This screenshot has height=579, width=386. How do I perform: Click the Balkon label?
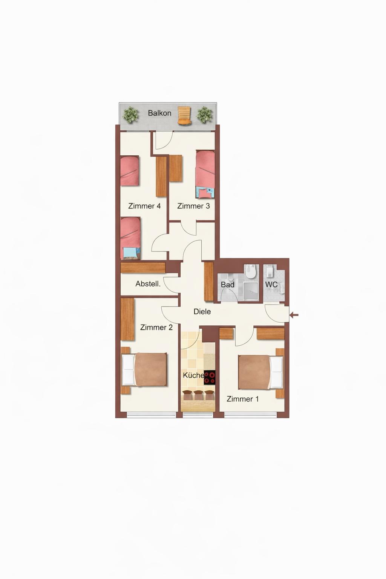pos(159,113)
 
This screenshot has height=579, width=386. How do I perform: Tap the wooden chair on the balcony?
pos(185,115)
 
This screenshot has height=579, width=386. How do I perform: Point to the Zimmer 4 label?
pos(144,206)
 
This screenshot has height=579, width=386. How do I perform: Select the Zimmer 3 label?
pos(193,206)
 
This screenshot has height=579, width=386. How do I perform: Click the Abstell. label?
pos(148,284)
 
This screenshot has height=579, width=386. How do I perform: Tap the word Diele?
pos(202,312)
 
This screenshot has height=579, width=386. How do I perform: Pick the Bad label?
pos(228,285)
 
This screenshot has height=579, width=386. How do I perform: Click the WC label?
pos(271,285)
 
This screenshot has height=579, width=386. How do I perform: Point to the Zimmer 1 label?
pos(242,399)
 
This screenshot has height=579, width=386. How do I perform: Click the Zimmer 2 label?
pos(156,328)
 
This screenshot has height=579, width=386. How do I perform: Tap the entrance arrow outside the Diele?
pos(294,315)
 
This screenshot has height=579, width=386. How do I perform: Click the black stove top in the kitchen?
pos(210,378)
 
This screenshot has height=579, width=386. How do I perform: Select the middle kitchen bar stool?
pos(198,395)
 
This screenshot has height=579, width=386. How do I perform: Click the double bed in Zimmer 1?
pos(260,372)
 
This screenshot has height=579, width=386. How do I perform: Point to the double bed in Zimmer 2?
pos(144,370)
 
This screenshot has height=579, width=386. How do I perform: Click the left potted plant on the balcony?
pos(131,115)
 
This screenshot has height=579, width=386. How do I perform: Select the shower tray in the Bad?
pos(251,291)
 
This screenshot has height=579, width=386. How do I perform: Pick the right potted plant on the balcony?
pos(205,115)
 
